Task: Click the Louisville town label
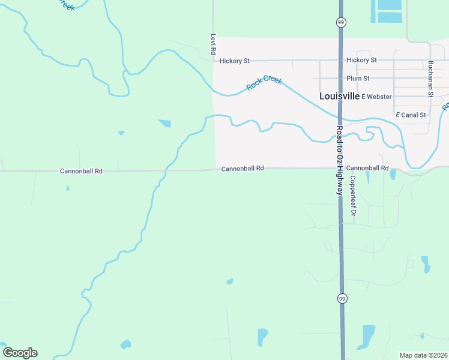pos(339,96)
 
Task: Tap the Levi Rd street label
pos(212,44)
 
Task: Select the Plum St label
pos(358,79)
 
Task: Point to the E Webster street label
pos(376,97)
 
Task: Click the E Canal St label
pos(411,114)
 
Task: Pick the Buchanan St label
pos(430,79)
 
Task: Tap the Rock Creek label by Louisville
pos(264,83)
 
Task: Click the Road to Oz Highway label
pos(340,161)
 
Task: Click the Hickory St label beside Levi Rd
pos(234,61)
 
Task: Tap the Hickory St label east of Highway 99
pos(361,60)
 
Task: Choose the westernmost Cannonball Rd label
pos(81,171)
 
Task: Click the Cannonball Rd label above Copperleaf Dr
pos(367,168)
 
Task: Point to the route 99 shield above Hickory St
pos(340,22)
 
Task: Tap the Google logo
pos(20,353)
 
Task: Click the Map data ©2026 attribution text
pos(423,355)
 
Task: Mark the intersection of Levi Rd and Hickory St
pos(213,60)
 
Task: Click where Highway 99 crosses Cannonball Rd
pos(340,168)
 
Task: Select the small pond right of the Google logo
pos(125,344)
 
